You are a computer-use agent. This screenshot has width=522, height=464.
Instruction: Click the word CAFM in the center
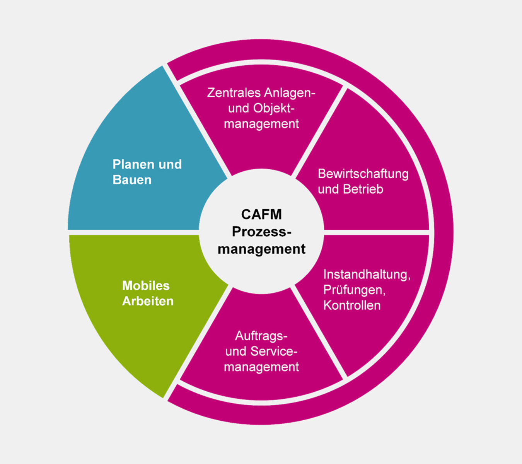(x=261, y=214)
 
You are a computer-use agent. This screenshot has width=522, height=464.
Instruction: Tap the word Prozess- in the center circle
(x=261, y=232)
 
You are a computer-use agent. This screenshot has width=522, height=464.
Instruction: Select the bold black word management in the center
(x=261, y=249)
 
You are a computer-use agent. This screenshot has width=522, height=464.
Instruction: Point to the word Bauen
(x=132, y=180)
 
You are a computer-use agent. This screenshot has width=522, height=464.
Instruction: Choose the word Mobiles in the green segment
(x=146, y=286)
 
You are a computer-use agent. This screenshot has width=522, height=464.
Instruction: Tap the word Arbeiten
(x=148, y=301)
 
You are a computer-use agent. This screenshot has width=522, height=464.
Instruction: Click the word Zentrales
(x=234, y=93)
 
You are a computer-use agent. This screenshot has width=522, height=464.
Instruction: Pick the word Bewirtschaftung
(x=363, y=174)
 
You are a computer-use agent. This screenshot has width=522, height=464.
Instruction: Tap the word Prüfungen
(x=354, y=290)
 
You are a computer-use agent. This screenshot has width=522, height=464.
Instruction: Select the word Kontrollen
(x=352, y=305)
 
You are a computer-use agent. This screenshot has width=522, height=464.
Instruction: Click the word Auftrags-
(x=261, y=336)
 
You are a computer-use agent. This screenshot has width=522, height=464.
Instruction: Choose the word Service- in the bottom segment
(x=274, y=351)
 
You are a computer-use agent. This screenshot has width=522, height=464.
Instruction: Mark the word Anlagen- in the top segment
(x=290, y=93)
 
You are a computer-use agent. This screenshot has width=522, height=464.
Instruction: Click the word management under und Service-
(x=261, y=367)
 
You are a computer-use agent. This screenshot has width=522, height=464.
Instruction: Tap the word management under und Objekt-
(x=261, y=124)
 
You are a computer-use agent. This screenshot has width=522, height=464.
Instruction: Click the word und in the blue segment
(x=170, y=164)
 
